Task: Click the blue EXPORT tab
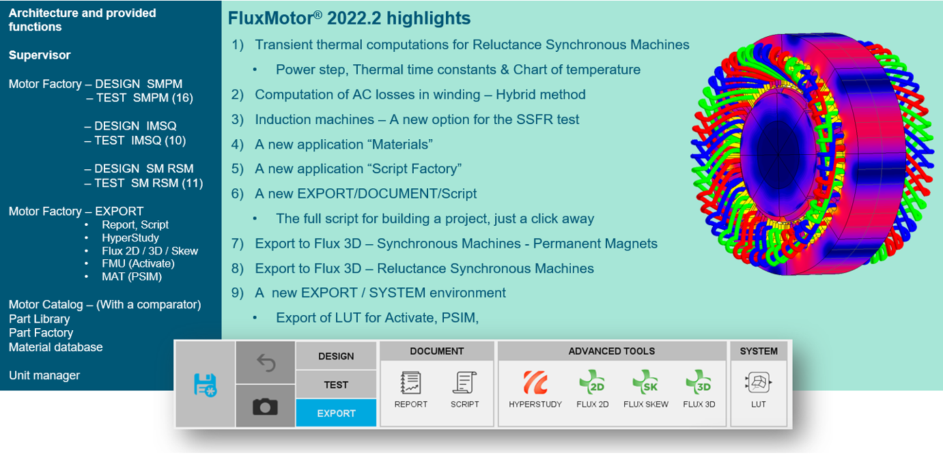coord(336,413)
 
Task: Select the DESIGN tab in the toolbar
coord(336,356)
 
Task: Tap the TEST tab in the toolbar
coord(336,384)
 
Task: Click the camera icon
coord(265,407)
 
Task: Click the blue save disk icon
coord(205,385)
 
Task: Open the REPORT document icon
coord(410,382)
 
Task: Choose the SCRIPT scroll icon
coord(464,382)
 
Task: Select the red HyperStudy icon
coord(535,382)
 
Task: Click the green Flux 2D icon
coord(592,382)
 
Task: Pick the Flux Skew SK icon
coord(646,382)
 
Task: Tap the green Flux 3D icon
coord(699,382)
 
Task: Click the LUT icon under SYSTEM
coord(758,383)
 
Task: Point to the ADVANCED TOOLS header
coord(612,351)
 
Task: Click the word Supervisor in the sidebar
coord(40,55)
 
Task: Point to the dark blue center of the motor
coord(778,155)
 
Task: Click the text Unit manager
coord(44,375)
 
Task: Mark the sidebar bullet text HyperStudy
coord(130,238)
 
